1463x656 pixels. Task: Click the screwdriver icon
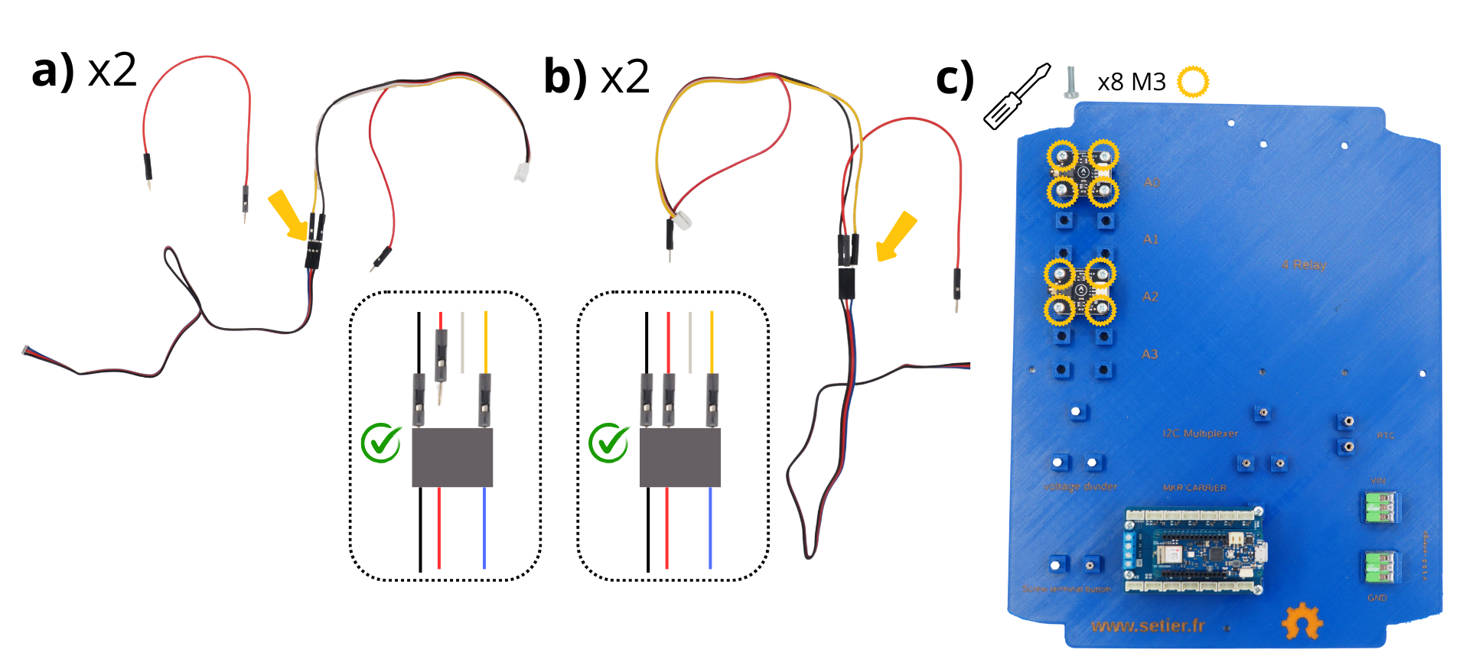coord(1015,97)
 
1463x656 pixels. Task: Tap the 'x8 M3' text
coord(1131,82)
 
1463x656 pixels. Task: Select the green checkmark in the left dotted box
coord(381,443)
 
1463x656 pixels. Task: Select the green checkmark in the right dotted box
coord(609,443)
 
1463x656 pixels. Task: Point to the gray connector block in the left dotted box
coord(452,457)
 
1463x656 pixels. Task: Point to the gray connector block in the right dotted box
coord(679,457)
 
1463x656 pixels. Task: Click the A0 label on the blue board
coord(1152,183)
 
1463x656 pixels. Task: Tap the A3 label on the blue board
coord(1149,354)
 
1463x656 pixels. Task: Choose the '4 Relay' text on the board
coord(1304,265)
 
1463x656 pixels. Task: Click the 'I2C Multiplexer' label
coord(1200,434)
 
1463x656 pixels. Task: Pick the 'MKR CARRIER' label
coord(1194,487)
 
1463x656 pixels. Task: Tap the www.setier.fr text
coord(1148,626)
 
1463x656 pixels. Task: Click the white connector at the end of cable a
coord(522,171)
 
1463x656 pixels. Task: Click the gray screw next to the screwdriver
coord(1071,82)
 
